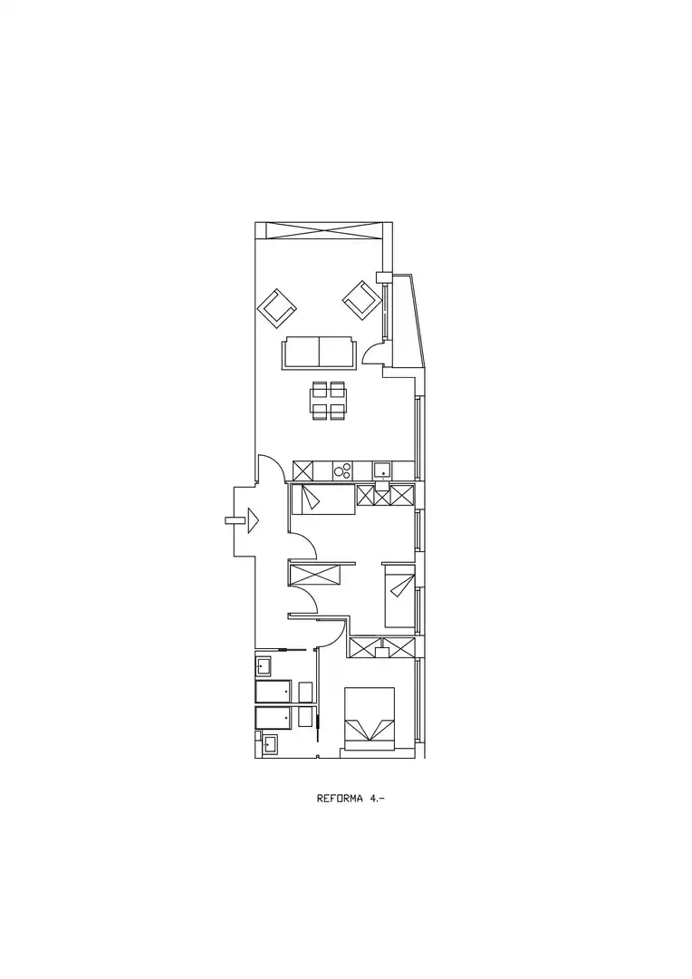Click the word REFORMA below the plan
[x=340, y=798]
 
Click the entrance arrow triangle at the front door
[x=253, y=520]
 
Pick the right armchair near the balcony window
[x=360, y=299]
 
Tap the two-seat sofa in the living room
[x=319, y=352]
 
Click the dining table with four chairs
[x=328, y=401]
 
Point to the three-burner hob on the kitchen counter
[x=342, y=470]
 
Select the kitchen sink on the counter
[x=382, y=470]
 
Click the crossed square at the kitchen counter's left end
[x=303, y=470]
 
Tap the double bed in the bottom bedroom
[x=370, y=719]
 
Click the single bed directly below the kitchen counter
[x=323, y=499]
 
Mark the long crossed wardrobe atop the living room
[x=323, y=229]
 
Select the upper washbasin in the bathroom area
[x=263, y=665]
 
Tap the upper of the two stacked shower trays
[x=274, y=691]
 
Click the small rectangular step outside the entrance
[x=235, y=519]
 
